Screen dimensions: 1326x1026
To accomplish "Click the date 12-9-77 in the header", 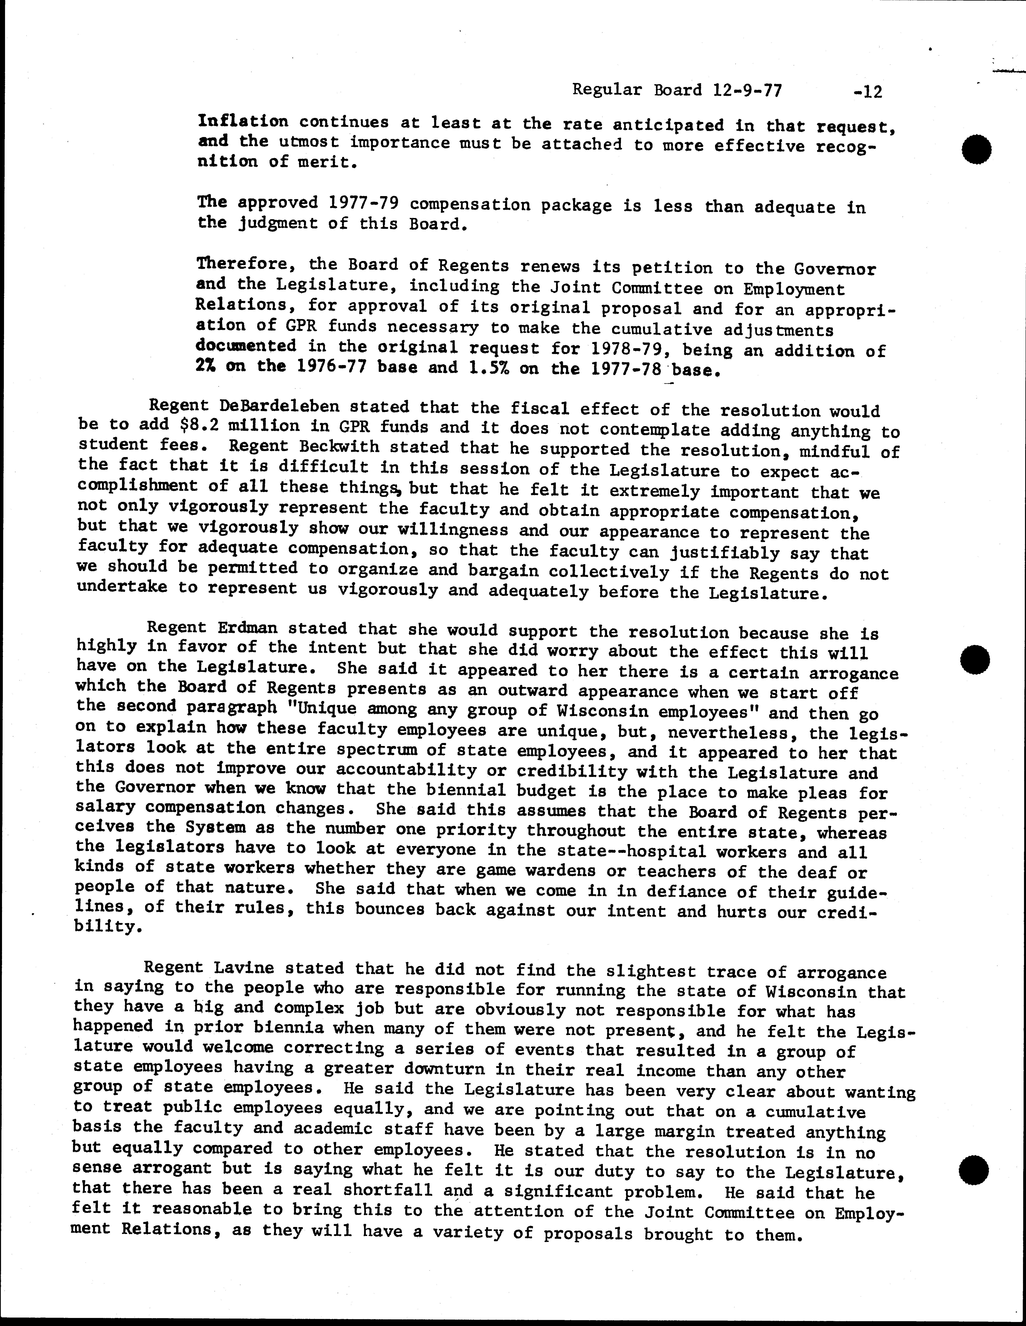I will pyautogui.click(x=745, y=91).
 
